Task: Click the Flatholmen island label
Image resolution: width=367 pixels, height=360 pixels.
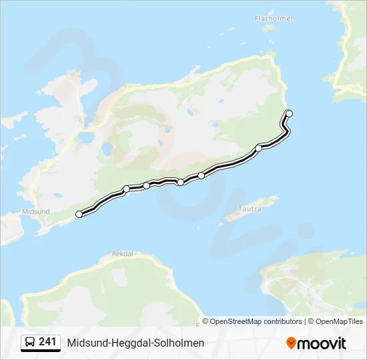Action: tap(275, 19)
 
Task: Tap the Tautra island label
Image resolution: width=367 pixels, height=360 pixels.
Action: tap(250, 209)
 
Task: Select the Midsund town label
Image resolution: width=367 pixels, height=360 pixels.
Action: tap(36, 211)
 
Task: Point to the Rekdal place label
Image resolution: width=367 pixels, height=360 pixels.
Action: tap(123, 254)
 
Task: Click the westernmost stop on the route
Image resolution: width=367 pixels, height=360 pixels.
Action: tap(79, 214)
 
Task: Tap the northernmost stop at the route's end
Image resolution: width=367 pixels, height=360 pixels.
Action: tap(289, 113)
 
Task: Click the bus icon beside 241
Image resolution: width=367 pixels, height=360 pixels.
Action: tap(30, 343)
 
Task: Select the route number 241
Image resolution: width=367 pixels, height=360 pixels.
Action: tap(47, 342)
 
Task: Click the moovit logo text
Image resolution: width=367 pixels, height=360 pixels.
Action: tap(322, 343)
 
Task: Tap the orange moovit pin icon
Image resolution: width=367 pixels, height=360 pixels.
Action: tap(291, 343)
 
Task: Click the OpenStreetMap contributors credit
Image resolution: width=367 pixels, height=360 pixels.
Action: tap(256, 321)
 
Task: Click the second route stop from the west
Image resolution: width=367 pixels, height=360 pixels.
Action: tap(126, 189)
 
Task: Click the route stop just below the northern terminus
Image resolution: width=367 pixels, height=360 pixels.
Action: tap(259, 148)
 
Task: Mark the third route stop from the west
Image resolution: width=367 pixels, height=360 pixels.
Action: tap(147, 185)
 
